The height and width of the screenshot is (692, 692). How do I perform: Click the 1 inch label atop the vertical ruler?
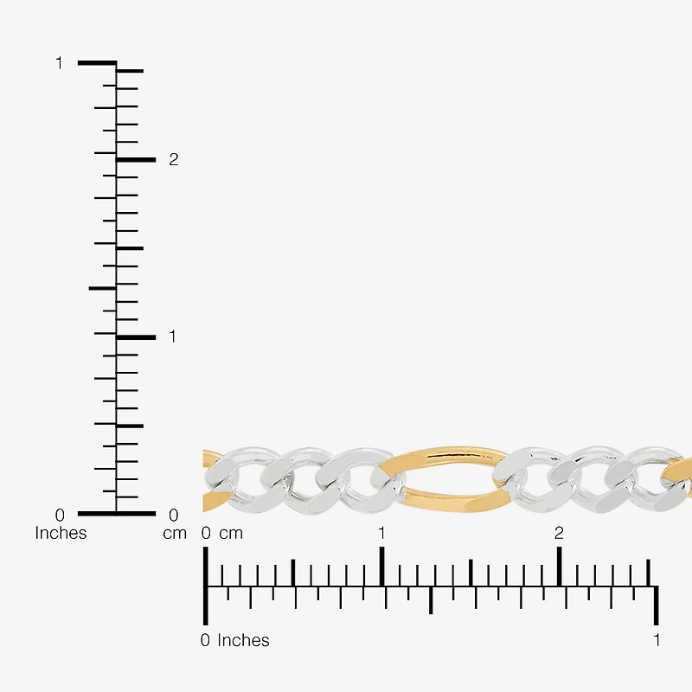(x=59, y=63)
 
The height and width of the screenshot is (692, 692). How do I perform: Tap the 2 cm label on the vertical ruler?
(x=174, y=159)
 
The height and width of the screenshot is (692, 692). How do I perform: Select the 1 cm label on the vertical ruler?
(x=172, y=336)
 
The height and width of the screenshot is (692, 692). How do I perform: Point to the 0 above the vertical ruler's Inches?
(x=60, y=515)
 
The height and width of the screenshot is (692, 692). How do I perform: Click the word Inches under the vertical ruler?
(x=61, y=533)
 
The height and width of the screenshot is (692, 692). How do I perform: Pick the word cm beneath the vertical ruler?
(x=175, y=534)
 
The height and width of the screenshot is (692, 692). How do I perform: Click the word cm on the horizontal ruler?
(x=231, y=534)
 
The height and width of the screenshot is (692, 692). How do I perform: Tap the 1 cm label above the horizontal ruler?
(x=381, y=533)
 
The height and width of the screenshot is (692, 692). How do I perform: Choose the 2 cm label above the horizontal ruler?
(x=559, y=533)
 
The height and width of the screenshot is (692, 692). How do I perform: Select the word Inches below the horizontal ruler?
(x=243, y=640)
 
